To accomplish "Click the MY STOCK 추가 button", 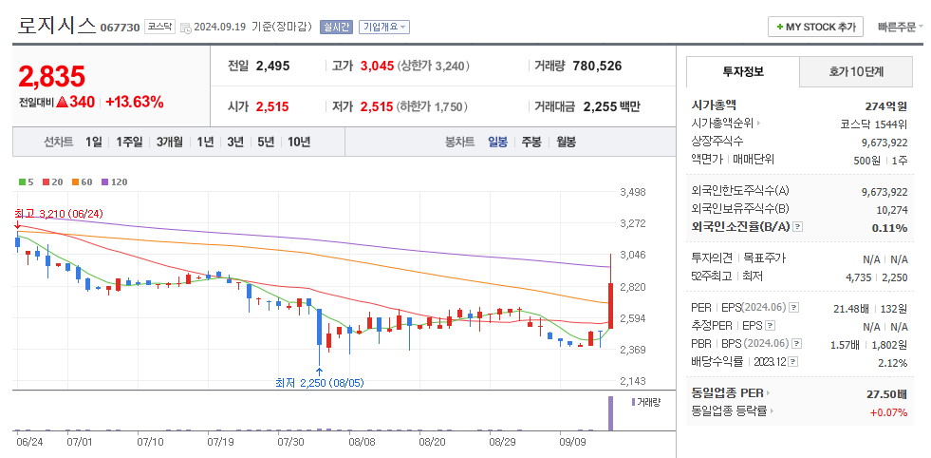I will tap(815, 27).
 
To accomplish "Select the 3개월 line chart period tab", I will tap(170, 142).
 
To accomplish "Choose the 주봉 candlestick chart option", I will tap(531, 142).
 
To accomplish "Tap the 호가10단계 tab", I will tap(856, 71).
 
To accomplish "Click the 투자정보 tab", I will tap(742, 71).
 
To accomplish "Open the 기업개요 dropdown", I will tap(384, 27).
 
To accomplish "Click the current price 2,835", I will tap(52, 76).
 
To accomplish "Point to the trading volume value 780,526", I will tap(597, 66).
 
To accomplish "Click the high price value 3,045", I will tap(377, 66).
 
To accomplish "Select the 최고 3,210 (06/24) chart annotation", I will tap(59, 213).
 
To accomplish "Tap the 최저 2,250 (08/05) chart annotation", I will tap(319, 383).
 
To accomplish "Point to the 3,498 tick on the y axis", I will tap(632, 192).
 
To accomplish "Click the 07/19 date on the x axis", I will tap(220, 442).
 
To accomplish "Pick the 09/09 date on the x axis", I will tap(572, 442).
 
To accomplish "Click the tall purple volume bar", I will tap(609, 414).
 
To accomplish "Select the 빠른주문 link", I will tap(900, 27).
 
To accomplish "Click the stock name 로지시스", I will tap(56, 26).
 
